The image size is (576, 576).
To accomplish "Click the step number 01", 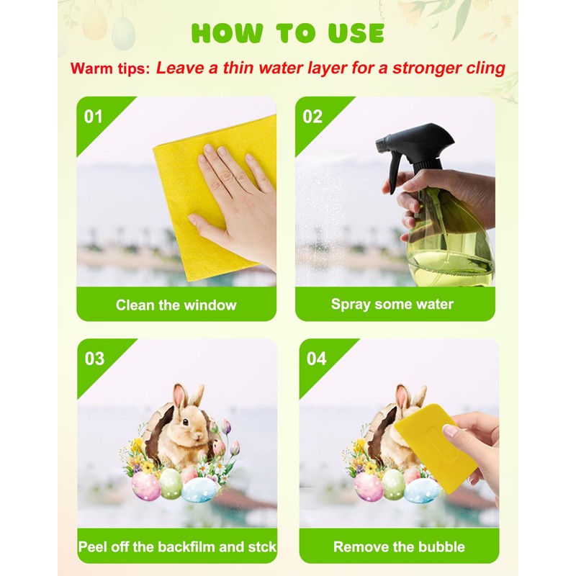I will click(x=94, y=116).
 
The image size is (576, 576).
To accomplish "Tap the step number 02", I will click(x=312, y=116).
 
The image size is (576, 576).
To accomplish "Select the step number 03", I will click(x=94, y=358).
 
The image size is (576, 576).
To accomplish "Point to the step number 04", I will click(x=317, y=358).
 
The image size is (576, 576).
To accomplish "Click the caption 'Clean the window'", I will click(x=176, y=305).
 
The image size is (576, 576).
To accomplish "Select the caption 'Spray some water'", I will click(x=392, y=304).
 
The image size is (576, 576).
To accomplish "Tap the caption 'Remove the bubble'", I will click(x=399, y=546).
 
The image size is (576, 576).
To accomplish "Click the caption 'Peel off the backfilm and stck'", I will click(x=177, y=546).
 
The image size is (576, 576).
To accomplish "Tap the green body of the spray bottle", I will click(x=450, y=245).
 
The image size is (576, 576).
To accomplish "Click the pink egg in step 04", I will click(x=368, y=487).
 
